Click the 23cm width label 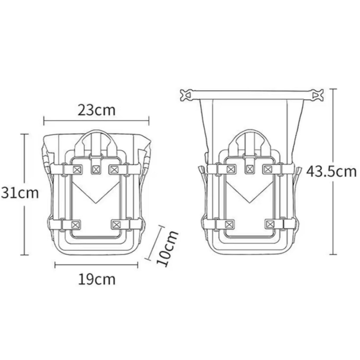97,110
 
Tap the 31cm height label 20,193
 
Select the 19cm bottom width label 97,279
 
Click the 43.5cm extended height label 331,172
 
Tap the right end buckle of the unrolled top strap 318,95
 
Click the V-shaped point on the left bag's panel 96,203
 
